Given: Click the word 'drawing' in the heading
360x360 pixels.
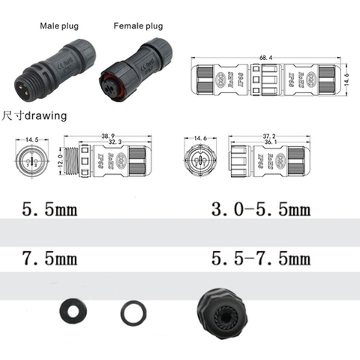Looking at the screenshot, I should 46,116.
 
